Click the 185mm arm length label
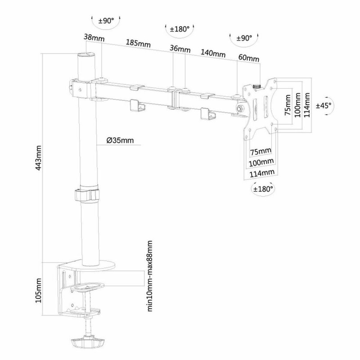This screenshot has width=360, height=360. tap(138, 44)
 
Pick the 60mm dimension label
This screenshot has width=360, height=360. tap(248, 58)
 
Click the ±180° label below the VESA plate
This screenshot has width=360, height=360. tap(263, 189)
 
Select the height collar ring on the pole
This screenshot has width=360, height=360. tap(87, 195)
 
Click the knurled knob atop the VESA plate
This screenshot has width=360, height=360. tap(257, 85)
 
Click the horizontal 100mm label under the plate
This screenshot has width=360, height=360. tap(261, 162)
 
